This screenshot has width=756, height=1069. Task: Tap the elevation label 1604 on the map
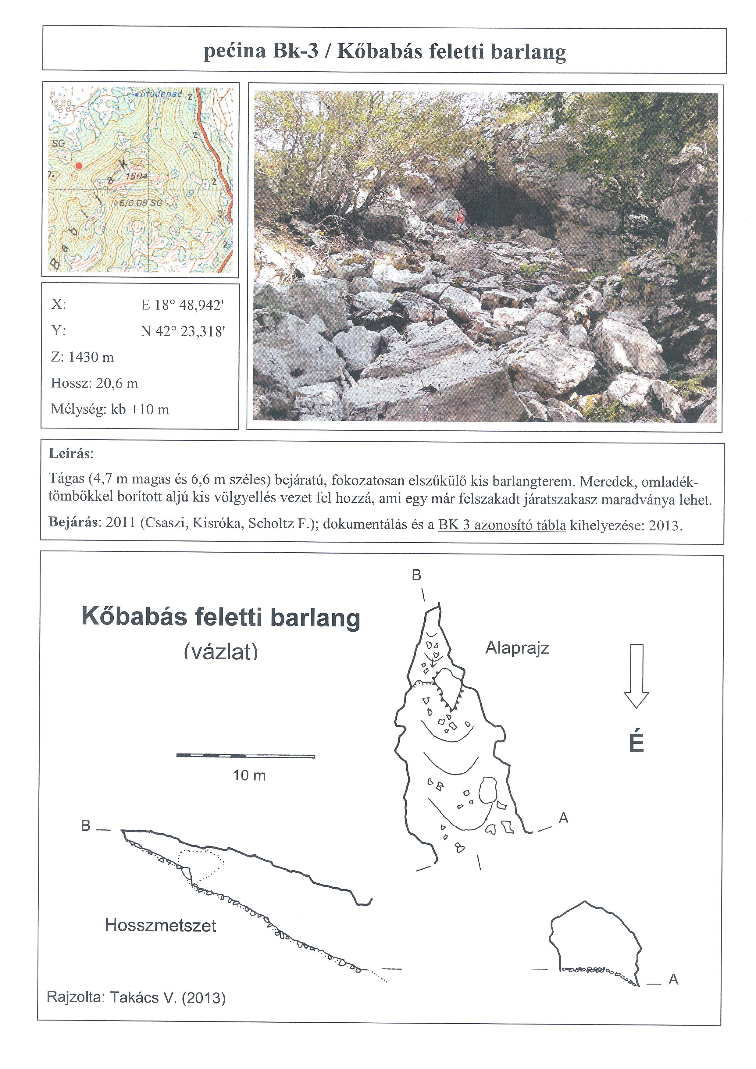tap(136, 176)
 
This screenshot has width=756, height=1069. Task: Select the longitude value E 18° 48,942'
tap(183, 305)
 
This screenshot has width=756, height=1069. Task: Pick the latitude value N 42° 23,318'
tap(183, 332)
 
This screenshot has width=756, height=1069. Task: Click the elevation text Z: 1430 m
tap(82, 357)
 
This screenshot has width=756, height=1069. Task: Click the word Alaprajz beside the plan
tap(517, 648)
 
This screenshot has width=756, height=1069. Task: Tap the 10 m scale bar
tap(246, 755)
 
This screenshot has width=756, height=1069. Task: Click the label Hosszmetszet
tap(161, 925)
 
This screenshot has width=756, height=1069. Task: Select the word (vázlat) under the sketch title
tap(221, 652)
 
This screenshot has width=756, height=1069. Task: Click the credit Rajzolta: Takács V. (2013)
tap(136, 997)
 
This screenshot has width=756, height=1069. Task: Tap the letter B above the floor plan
tap(416, 575)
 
